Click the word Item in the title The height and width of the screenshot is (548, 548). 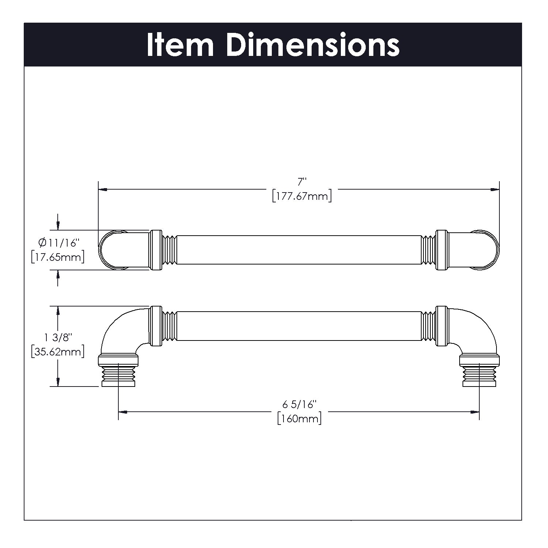point(180,45)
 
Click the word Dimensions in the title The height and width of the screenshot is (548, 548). point(313,45)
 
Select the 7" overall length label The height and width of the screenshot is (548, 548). point(302,182)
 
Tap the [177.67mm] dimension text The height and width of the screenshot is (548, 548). point(302,196)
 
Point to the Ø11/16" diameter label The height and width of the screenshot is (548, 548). point(58,242)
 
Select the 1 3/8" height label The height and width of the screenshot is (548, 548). point(58,337)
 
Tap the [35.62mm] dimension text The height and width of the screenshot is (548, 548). point(58,352)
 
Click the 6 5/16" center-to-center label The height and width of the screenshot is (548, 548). point(299,404)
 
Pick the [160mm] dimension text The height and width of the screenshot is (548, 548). point(299,418)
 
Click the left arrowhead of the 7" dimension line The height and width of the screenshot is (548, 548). point(103,189)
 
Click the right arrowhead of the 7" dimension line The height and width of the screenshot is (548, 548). point(495,189)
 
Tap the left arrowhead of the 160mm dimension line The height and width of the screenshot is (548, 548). point(123,412)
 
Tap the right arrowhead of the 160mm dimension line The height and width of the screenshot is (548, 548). point(475,412)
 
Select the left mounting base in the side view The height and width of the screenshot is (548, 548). point(118,371)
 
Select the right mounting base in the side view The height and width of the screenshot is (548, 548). point(479,371)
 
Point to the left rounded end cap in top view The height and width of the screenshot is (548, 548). point(110,250)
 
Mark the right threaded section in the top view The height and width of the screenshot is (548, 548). point(429,250)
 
